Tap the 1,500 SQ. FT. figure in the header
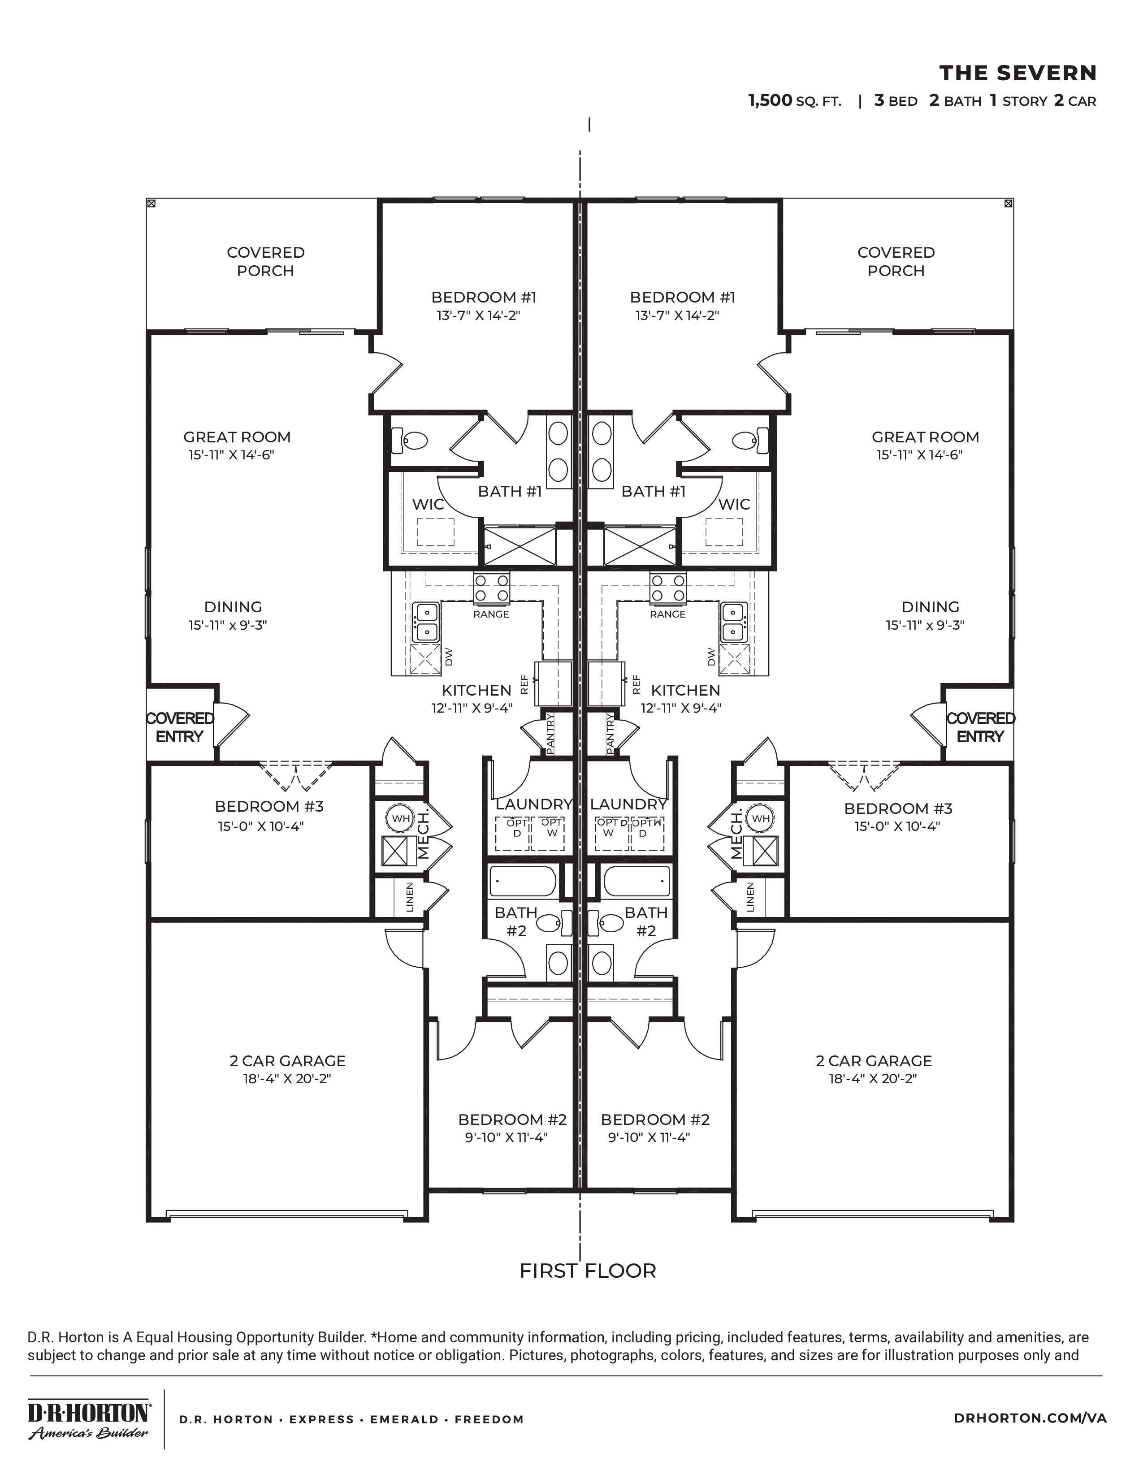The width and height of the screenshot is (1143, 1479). [794, 101]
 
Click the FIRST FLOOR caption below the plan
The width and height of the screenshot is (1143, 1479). [587, 1271]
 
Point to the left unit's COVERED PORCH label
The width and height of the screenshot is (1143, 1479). [265, 261]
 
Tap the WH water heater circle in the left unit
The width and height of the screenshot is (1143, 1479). [400, 818]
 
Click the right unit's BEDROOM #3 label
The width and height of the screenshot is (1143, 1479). [897, 808]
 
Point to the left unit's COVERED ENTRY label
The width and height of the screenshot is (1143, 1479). [179, 727]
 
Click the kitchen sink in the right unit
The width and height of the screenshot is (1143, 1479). [733, 622]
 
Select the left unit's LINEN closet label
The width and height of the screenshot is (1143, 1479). [409, 897]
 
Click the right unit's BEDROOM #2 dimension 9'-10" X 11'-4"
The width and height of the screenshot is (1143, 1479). [648, 1137]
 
